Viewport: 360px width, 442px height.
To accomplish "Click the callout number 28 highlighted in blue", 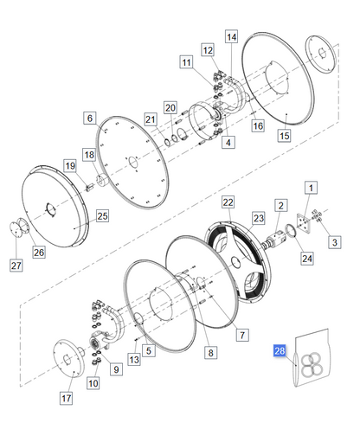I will click(279, 350).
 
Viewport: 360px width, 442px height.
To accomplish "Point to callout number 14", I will click(231, 37).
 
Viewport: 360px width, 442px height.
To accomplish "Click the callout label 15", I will click(284, 137).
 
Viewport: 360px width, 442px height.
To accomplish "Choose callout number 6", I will click(89, 117).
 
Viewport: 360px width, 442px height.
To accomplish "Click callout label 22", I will click(228, 202).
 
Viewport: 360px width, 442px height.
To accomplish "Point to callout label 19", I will click(69, 165).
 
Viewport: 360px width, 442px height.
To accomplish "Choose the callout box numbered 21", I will click(151, 119).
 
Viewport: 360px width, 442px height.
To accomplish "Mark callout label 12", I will click(209, 51).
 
